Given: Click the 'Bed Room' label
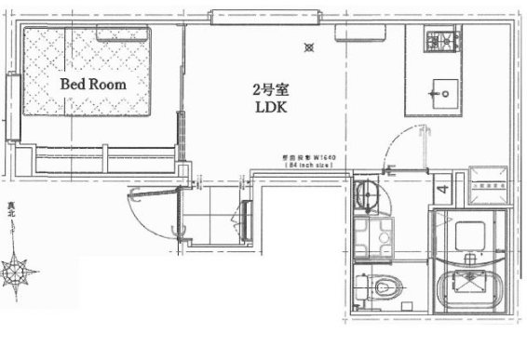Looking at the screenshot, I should coord(93,83).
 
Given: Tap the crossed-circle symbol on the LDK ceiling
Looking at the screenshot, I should coord(310,47).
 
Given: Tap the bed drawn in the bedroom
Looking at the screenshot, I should coord(88,73).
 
